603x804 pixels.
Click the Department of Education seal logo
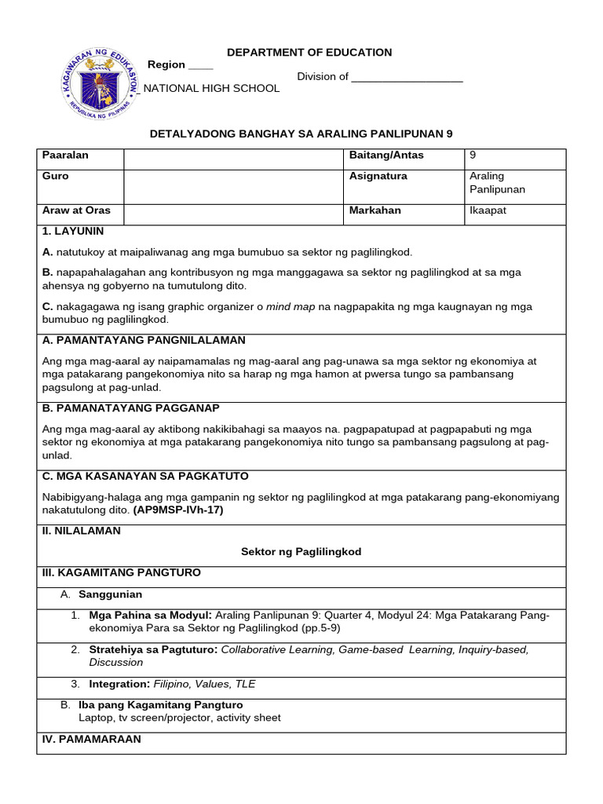point(99,82)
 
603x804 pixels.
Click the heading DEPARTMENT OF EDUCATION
point(309,53)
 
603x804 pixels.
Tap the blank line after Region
point(200,65)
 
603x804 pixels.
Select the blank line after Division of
point(407,77)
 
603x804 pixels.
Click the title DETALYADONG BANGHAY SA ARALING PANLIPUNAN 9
point(301,134)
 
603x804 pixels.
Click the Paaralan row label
point(65,155)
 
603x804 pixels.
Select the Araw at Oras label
point(76,210)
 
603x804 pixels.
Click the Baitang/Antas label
point(386,155)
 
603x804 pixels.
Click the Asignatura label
point(378,177)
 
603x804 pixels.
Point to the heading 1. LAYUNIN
point(72,232)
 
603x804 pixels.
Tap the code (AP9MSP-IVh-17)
point(177,510)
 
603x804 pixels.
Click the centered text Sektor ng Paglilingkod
point(301,552)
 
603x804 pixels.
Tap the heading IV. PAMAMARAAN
point(91,740)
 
